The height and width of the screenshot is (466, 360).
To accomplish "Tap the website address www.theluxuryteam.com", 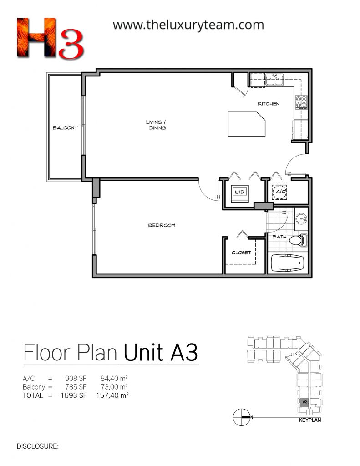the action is pyautogui.click(x=188, y=25).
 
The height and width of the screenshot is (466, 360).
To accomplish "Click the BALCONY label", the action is pyautogui.click(x=65, y=128).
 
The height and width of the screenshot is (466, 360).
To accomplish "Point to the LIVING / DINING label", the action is pyautogui.click(x=156, y=125).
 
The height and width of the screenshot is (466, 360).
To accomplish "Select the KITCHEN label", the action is pyautogui.click(x=269, y=104).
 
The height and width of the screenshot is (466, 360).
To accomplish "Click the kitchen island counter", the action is pyautogui.click(x=246, y=124).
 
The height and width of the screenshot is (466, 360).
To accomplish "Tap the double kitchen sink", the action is pyautogui.click(x=275, y=79).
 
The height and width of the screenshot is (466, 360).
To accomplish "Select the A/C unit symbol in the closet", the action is pyautogui.click(x=280, y=192).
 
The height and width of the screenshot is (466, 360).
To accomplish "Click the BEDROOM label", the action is pyautogui.click(x=162, y=225).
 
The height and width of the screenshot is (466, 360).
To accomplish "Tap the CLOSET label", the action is pyautogui.click(x=241, y=253).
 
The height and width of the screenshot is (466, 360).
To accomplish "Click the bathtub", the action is pyautogui.click(x=288, y=263).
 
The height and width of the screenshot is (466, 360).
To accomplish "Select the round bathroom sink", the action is pyautogui.click(x=301, y=219).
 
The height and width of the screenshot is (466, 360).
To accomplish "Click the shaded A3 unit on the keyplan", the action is pyautogui.click(x=304, y=402).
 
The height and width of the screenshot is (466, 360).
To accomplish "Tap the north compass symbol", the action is pyautogui.click(x=241, y=417).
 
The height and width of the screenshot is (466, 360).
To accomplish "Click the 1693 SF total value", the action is pyautogui.click(x=73, y=395).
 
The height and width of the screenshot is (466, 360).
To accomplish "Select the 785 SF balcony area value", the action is pyautogui.click(x=76, y=387).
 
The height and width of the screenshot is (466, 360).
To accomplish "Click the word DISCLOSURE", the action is pyautogui.click(x=37, y=446).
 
